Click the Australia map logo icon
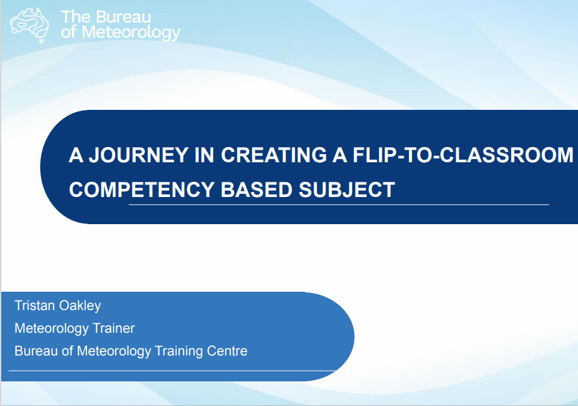[30, 25]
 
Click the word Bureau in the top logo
[120, 17]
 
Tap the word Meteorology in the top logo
[131, 33]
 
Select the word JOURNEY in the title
[139, 155]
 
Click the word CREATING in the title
[273, 155]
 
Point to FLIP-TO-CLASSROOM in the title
[463, 155]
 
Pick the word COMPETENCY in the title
[141, 189]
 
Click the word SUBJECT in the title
[346, 189]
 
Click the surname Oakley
[80, 306]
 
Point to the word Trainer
[114, 328]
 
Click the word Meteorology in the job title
[51, 329]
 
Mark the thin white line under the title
[339, 205]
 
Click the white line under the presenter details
[172, 371]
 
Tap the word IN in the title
[204, 155]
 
